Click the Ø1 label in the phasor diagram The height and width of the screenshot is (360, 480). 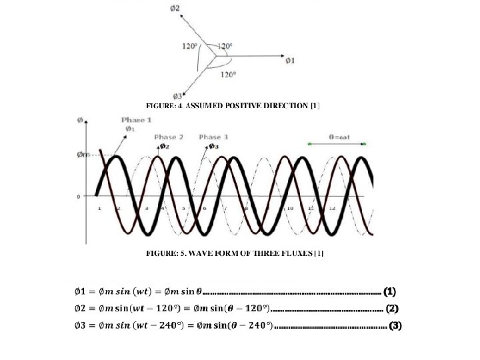[291, 61]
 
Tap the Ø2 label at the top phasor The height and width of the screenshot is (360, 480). [174, 8]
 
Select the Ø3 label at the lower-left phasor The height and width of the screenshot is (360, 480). [177, 96]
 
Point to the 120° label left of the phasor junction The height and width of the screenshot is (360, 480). [189, 46]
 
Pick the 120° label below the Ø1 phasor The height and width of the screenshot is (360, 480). [228, 74]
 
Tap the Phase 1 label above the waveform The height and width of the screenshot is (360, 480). [137, 120]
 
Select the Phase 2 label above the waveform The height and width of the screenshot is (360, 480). [169, 137]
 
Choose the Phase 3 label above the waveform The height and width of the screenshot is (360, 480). [213, 137]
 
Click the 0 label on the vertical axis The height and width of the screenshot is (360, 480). [79, 197]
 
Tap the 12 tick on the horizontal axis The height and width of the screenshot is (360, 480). [332, 209]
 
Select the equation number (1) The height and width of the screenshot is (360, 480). [390, 291]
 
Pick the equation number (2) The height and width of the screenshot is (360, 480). [392, 309]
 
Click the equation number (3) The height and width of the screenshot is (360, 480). [395, 326]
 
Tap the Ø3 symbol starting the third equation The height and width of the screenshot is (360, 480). [79, 326]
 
